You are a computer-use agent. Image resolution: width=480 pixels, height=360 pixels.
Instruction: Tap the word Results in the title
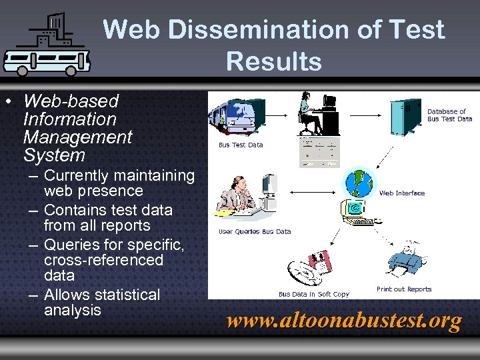[x=273, y=61]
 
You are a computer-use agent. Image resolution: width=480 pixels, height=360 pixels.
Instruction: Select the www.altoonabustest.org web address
[x=344, y=321]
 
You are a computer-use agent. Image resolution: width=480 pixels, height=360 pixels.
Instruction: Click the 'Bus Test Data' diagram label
[x=241, y=145]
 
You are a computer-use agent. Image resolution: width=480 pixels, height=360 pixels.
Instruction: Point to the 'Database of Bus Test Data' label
[x=449, y=115]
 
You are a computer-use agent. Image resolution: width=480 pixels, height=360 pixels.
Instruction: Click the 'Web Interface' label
[x=401, y=193]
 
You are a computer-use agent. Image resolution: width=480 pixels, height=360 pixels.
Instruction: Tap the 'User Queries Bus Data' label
[x=255, y=232]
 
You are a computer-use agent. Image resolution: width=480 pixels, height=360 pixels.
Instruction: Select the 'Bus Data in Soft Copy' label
[x=313, y=294]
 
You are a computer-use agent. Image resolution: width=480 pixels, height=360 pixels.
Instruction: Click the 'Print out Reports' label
[x=404, y=289]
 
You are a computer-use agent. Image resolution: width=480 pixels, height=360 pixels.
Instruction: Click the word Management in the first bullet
[x=77, y=137]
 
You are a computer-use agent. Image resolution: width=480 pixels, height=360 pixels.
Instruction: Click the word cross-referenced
[x=103, y=260]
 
